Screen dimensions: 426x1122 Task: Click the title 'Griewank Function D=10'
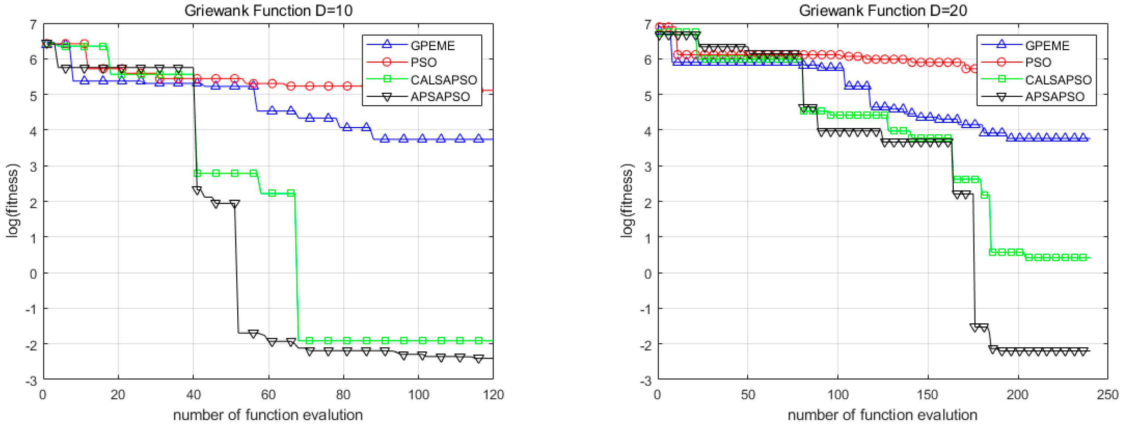click(268, 10)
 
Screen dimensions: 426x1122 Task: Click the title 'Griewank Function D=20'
click(883, 10)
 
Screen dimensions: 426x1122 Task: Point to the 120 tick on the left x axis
click(493, 395)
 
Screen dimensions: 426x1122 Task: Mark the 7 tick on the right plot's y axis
click(648, 24)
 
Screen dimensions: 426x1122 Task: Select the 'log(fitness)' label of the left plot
click(13, 201)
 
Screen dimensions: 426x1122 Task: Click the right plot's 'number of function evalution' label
click(882, 415)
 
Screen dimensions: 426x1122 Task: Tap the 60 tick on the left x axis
click(268, 395)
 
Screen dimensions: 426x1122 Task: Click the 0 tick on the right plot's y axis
click(648, 274)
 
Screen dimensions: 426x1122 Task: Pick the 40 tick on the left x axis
click(193, 395)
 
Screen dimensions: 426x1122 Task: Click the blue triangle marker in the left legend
click(386, 44)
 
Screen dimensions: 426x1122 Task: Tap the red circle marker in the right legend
click(1001, 62)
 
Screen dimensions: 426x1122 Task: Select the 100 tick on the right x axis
click(837, 395)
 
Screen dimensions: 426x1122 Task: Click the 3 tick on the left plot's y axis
click(33, 166)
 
